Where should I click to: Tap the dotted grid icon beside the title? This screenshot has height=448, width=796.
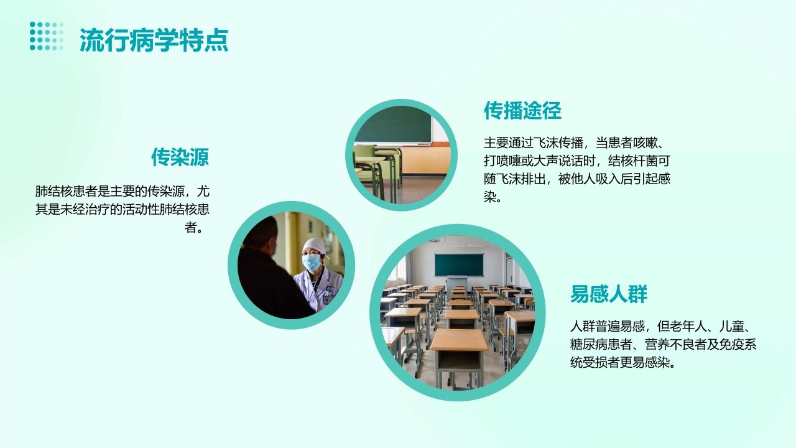[x=47, y=36]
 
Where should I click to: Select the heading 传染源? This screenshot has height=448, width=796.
[x=180, y=157]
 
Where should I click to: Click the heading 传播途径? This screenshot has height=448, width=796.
[x=522, y=111]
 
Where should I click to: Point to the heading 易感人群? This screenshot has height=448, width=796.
[x=609, y=294]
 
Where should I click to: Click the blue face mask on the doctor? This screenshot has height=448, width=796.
[x=312, y=262]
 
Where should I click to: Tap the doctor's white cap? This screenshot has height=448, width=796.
[x=315, y=245]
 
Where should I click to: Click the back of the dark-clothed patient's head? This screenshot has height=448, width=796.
[x=264, y=233]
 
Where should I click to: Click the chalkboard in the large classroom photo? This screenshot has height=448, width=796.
[x=458, y=264]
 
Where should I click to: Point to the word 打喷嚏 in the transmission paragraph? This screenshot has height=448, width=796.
[x=503, y=160]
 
